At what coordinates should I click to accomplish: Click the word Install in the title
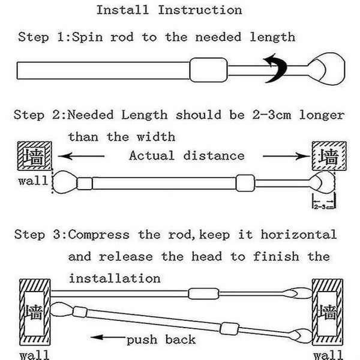122,10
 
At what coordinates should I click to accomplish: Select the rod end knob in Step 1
326,69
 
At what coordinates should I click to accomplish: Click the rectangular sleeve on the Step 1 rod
208,70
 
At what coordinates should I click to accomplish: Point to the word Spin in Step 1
88,37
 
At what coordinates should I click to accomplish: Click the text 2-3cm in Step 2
272,115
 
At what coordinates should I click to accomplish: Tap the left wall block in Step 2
35,156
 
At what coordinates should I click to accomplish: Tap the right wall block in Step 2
329,156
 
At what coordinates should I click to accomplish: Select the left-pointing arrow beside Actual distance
82,157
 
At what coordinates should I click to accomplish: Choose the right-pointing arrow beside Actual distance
287,157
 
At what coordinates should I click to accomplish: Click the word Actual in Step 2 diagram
152,155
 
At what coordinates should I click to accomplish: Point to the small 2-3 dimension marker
324,202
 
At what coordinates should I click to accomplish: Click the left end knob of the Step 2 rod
65,182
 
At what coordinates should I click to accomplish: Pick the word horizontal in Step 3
299,235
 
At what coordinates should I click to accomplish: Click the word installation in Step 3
115,278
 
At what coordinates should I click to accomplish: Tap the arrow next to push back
108,337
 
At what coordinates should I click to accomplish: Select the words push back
161,340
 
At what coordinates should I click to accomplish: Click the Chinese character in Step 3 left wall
34,313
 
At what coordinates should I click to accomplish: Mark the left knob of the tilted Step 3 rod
62,310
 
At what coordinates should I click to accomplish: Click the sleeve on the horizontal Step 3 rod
203,293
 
